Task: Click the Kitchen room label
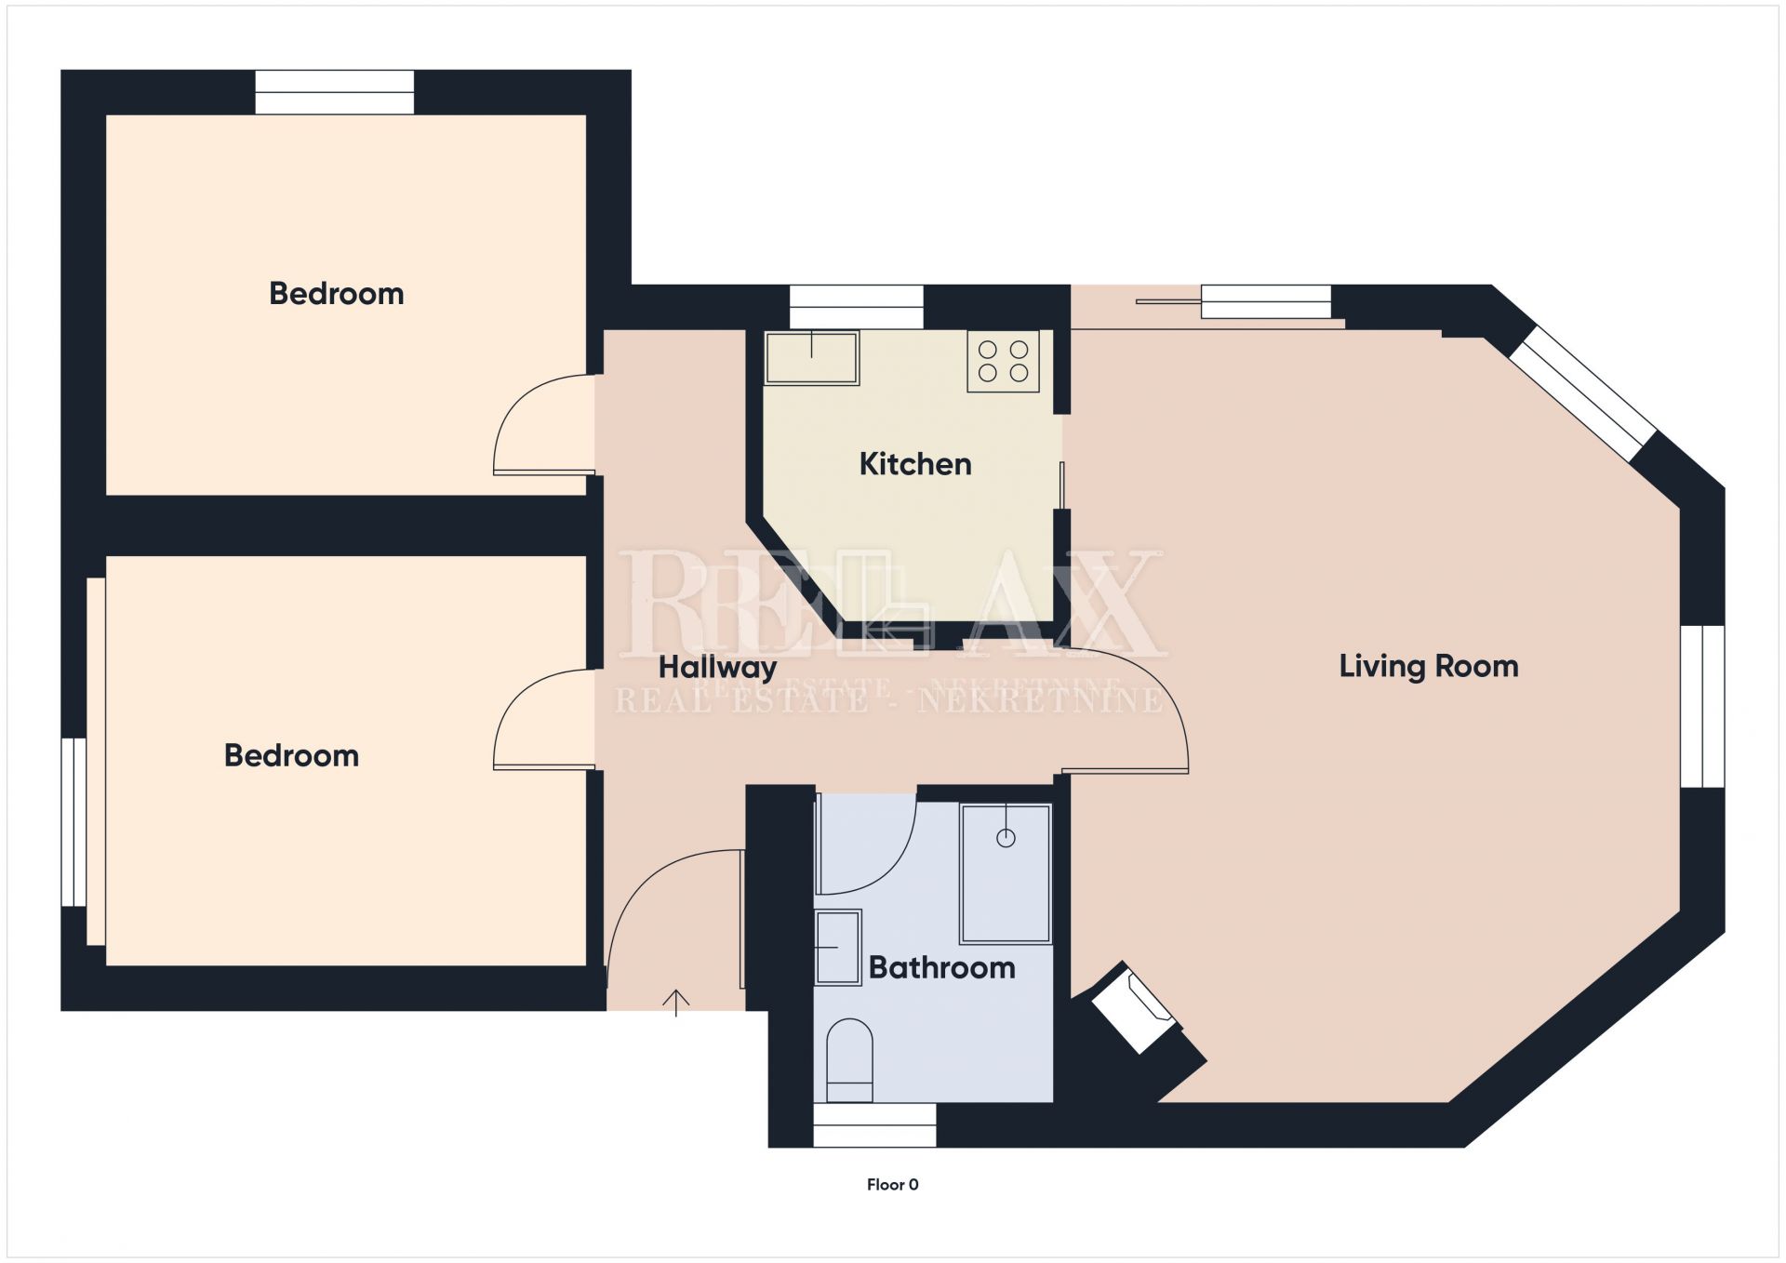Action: coord(915,464)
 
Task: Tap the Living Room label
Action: coord(1429,666)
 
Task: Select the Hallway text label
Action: coord(717,667)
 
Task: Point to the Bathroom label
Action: coord(941,967)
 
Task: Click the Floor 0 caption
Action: coord(892,1184)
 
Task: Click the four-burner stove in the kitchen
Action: coord(1003,361)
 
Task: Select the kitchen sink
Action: coord(811,358)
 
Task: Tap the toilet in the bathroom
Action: coord(849,1059)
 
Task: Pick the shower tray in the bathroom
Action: coord(1006,873)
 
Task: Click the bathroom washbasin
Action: coord(838,947)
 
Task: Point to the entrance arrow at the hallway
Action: coord(675,1003)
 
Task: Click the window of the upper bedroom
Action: coord(335,92)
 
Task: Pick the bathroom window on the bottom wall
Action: coord(874,1124)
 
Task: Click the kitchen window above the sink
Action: coord(856,307)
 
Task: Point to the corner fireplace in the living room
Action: coord(1136,1010)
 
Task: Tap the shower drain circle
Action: coord(1006,838)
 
